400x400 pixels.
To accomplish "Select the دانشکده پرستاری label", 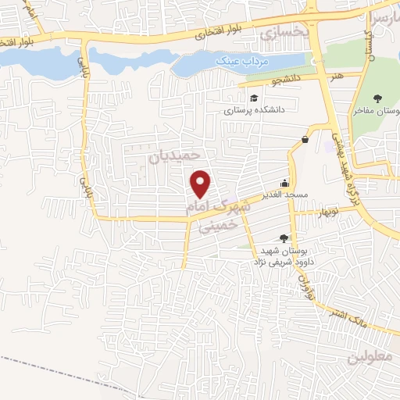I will click(x=255, y=111).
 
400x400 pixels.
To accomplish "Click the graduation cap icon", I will click(x=255, y=98).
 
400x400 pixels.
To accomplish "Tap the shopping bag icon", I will click(x=303, y=139).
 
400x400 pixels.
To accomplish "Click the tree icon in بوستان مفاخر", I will click(x=377, y=98).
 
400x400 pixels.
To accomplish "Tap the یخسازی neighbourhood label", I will click(x=283, y=34).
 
